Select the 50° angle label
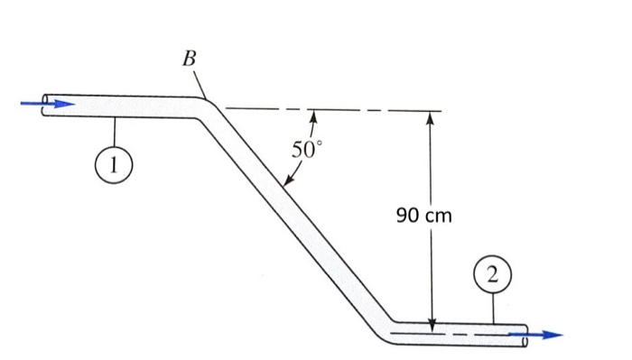click(304, 150)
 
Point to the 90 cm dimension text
click(423, 216)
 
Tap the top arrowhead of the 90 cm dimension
click(432, 118)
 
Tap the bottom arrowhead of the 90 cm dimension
click(432, 323)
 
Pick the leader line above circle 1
click(116, 134)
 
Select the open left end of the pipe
click(44, 104)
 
